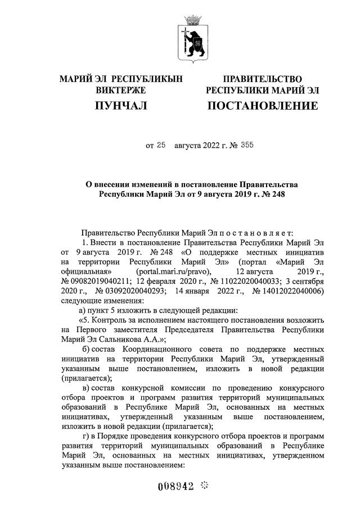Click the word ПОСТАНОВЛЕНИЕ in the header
pos(262,106)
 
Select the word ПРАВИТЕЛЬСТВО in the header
pos(262,79)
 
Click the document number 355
pos(246,146)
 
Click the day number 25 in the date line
pos(161,146)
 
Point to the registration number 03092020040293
pos(135,291)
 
